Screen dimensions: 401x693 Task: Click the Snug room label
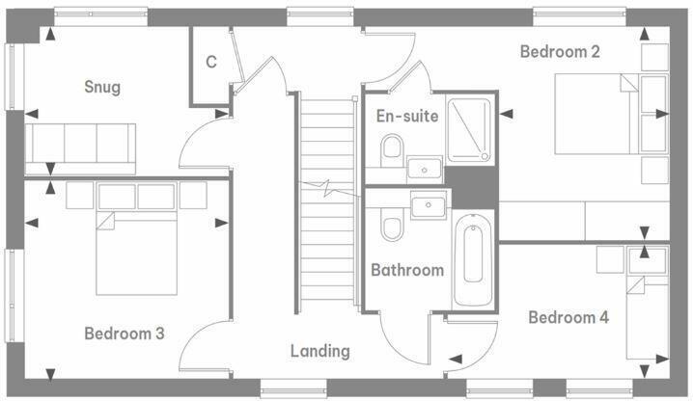[101, 88]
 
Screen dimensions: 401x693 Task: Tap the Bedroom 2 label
[560, 52]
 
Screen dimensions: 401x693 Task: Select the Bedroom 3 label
[124, 334]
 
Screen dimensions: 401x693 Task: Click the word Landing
[320, 351]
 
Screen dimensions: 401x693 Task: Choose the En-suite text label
[406, 117]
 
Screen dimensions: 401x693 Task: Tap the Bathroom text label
[407, 270]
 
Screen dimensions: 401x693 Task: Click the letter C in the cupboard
[210, 63]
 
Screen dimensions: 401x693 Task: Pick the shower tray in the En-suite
[471, 128]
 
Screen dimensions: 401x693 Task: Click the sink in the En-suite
[425, 169]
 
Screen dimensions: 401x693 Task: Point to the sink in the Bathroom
[428, 205]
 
